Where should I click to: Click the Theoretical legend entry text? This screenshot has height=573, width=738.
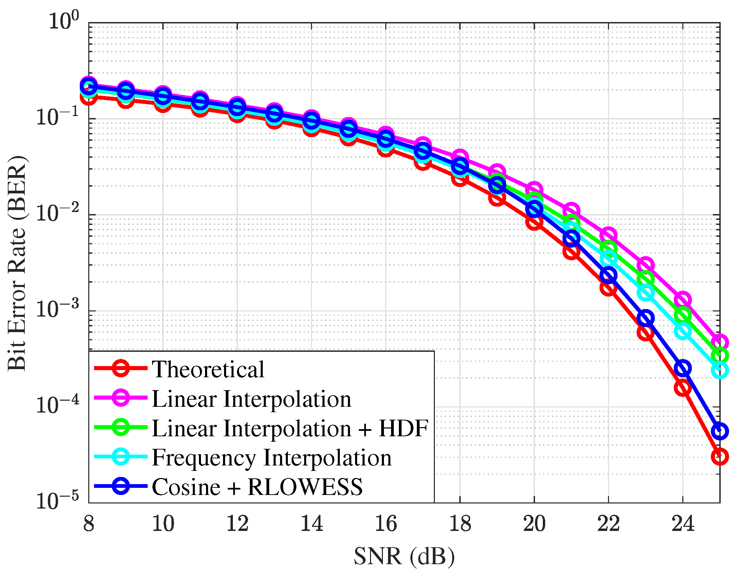click(208, 369)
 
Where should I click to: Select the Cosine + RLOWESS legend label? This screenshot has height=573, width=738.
click(257, 487)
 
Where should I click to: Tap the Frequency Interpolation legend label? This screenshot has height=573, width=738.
click(272, 458)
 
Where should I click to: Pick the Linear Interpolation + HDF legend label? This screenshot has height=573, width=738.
click(290, 428)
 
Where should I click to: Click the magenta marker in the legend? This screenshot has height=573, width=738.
click(121, 398)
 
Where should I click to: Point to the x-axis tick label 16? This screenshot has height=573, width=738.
click(386, 524)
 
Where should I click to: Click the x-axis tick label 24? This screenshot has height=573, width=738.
click(683, 524)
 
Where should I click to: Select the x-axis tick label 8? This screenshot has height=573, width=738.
click(89, 524)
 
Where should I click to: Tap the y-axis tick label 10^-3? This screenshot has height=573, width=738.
click(57, 309)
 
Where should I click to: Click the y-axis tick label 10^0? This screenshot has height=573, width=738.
click(63, 21)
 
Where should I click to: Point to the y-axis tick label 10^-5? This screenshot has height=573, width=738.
click(57, 501)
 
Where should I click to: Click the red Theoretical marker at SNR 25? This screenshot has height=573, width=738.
click(720, 457)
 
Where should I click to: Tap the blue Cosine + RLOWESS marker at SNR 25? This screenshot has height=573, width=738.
click(720, 431)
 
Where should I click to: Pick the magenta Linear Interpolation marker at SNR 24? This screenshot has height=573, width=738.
click(683, 300)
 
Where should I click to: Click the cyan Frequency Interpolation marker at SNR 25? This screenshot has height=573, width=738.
click(720, 370)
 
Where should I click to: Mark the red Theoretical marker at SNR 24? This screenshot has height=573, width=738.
click(683, 388)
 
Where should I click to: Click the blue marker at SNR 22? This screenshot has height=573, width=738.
click(608, 275)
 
